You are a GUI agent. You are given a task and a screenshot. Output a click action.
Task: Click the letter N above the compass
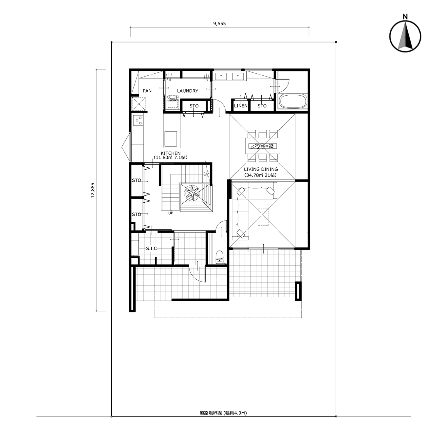tap(405, 17)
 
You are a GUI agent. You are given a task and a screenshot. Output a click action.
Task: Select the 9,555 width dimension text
tap(219, 24)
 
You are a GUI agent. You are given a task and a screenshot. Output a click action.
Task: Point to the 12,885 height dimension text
tap(93, 190)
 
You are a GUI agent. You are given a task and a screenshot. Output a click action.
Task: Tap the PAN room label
tap(147, 91)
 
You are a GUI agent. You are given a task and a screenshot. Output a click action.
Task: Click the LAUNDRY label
tap(188, 91)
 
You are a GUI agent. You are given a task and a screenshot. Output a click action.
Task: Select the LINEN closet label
tap(241, 106)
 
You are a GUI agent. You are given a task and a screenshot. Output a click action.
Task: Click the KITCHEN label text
tap(171, 153)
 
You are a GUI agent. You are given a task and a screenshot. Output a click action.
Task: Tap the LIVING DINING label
tap(261, 169)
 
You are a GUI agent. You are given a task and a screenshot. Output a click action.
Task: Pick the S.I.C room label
tap(152, 249)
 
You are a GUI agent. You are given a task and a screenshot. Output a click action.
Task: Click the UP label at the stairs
tap(171, 213)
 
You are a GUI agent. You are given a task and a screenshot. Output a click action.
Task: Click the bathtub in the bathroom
tap(293, 102)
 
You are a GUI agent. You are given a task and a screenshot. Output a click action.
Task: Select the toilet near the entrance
tap(219, 257)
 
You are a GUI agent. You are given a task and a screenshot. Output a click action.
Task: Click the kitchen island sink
tap(171, 139)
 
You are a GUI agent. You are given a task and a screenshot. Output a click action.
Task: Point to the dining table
tap(263, 146)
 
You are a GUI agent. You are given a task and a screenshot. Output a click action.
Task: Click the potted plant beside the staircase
tap(192, 193)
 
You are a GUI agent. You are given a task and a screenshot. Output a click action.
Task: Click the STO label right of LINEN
tap(262, 106)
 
